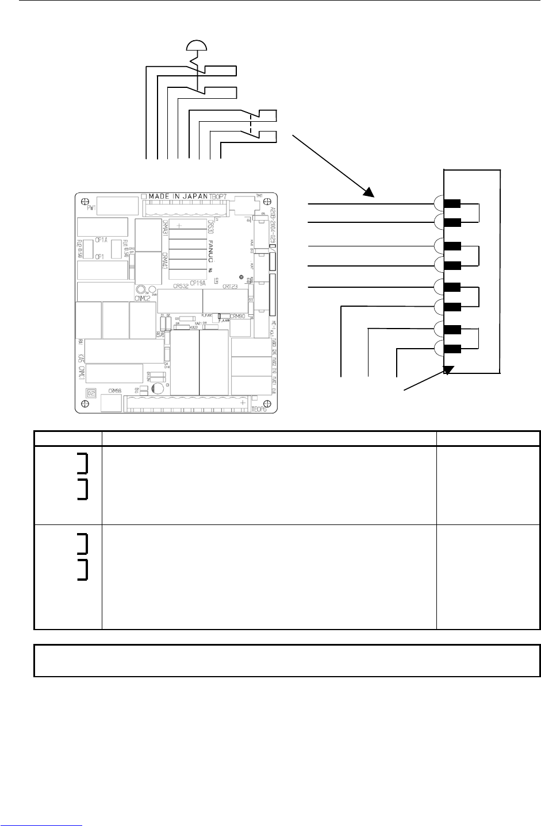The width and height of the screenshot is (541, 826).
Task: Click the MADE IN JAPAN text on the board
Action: coord(178,196)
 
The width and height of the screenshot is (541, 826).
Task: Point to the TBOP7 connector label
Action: coord(218,196)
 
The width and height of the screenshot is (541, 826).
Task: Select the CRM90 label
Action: coord(237,316)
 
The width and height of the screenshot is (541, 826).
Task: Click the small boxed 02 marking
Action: coord(90,393)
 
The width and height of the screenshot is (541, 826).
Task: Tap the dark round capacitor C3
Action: coord(159,388)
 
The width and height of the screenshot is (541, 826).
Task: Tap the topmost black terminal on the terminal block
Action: coord(453,203)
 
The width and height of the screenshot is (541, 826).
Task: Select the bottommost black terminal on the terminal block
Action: coord(453,349)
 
